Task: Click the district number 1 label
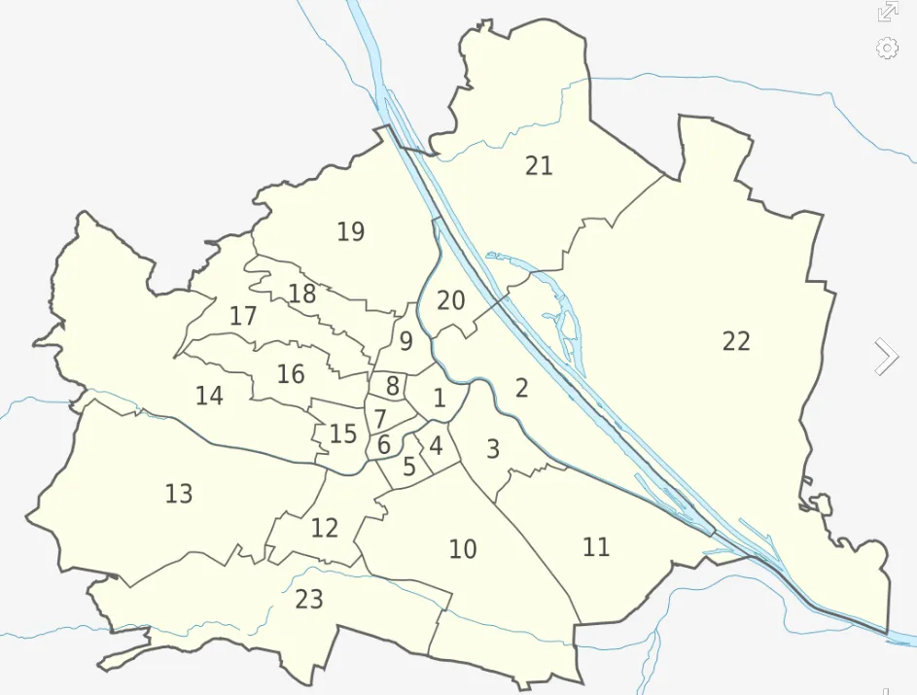(440, 398)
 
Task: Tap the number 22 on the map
(736, 341)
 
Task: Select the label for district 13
(179, 494)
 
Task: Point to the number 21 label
(539, 166)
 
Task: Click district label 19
(350, 232)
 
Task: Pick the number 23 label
(308, 600)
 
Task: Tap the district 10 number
(463, 550)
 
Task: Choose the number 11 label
(596, 547)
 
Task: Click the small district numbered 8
(392, 386)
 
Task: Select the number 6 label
(383, 445)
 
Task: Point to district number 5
(408, 467)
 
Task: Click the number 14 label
(209, 397)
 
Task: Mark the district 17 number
(243, 316)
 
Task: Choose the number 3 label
(493, 450)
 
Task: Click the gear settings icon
(887, 48)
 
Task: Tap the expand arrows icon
(887, 12)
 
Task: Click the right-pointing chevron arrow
(886, 357)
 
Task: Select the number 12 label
(324, 529)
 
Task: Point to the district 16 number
(291, 374)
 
